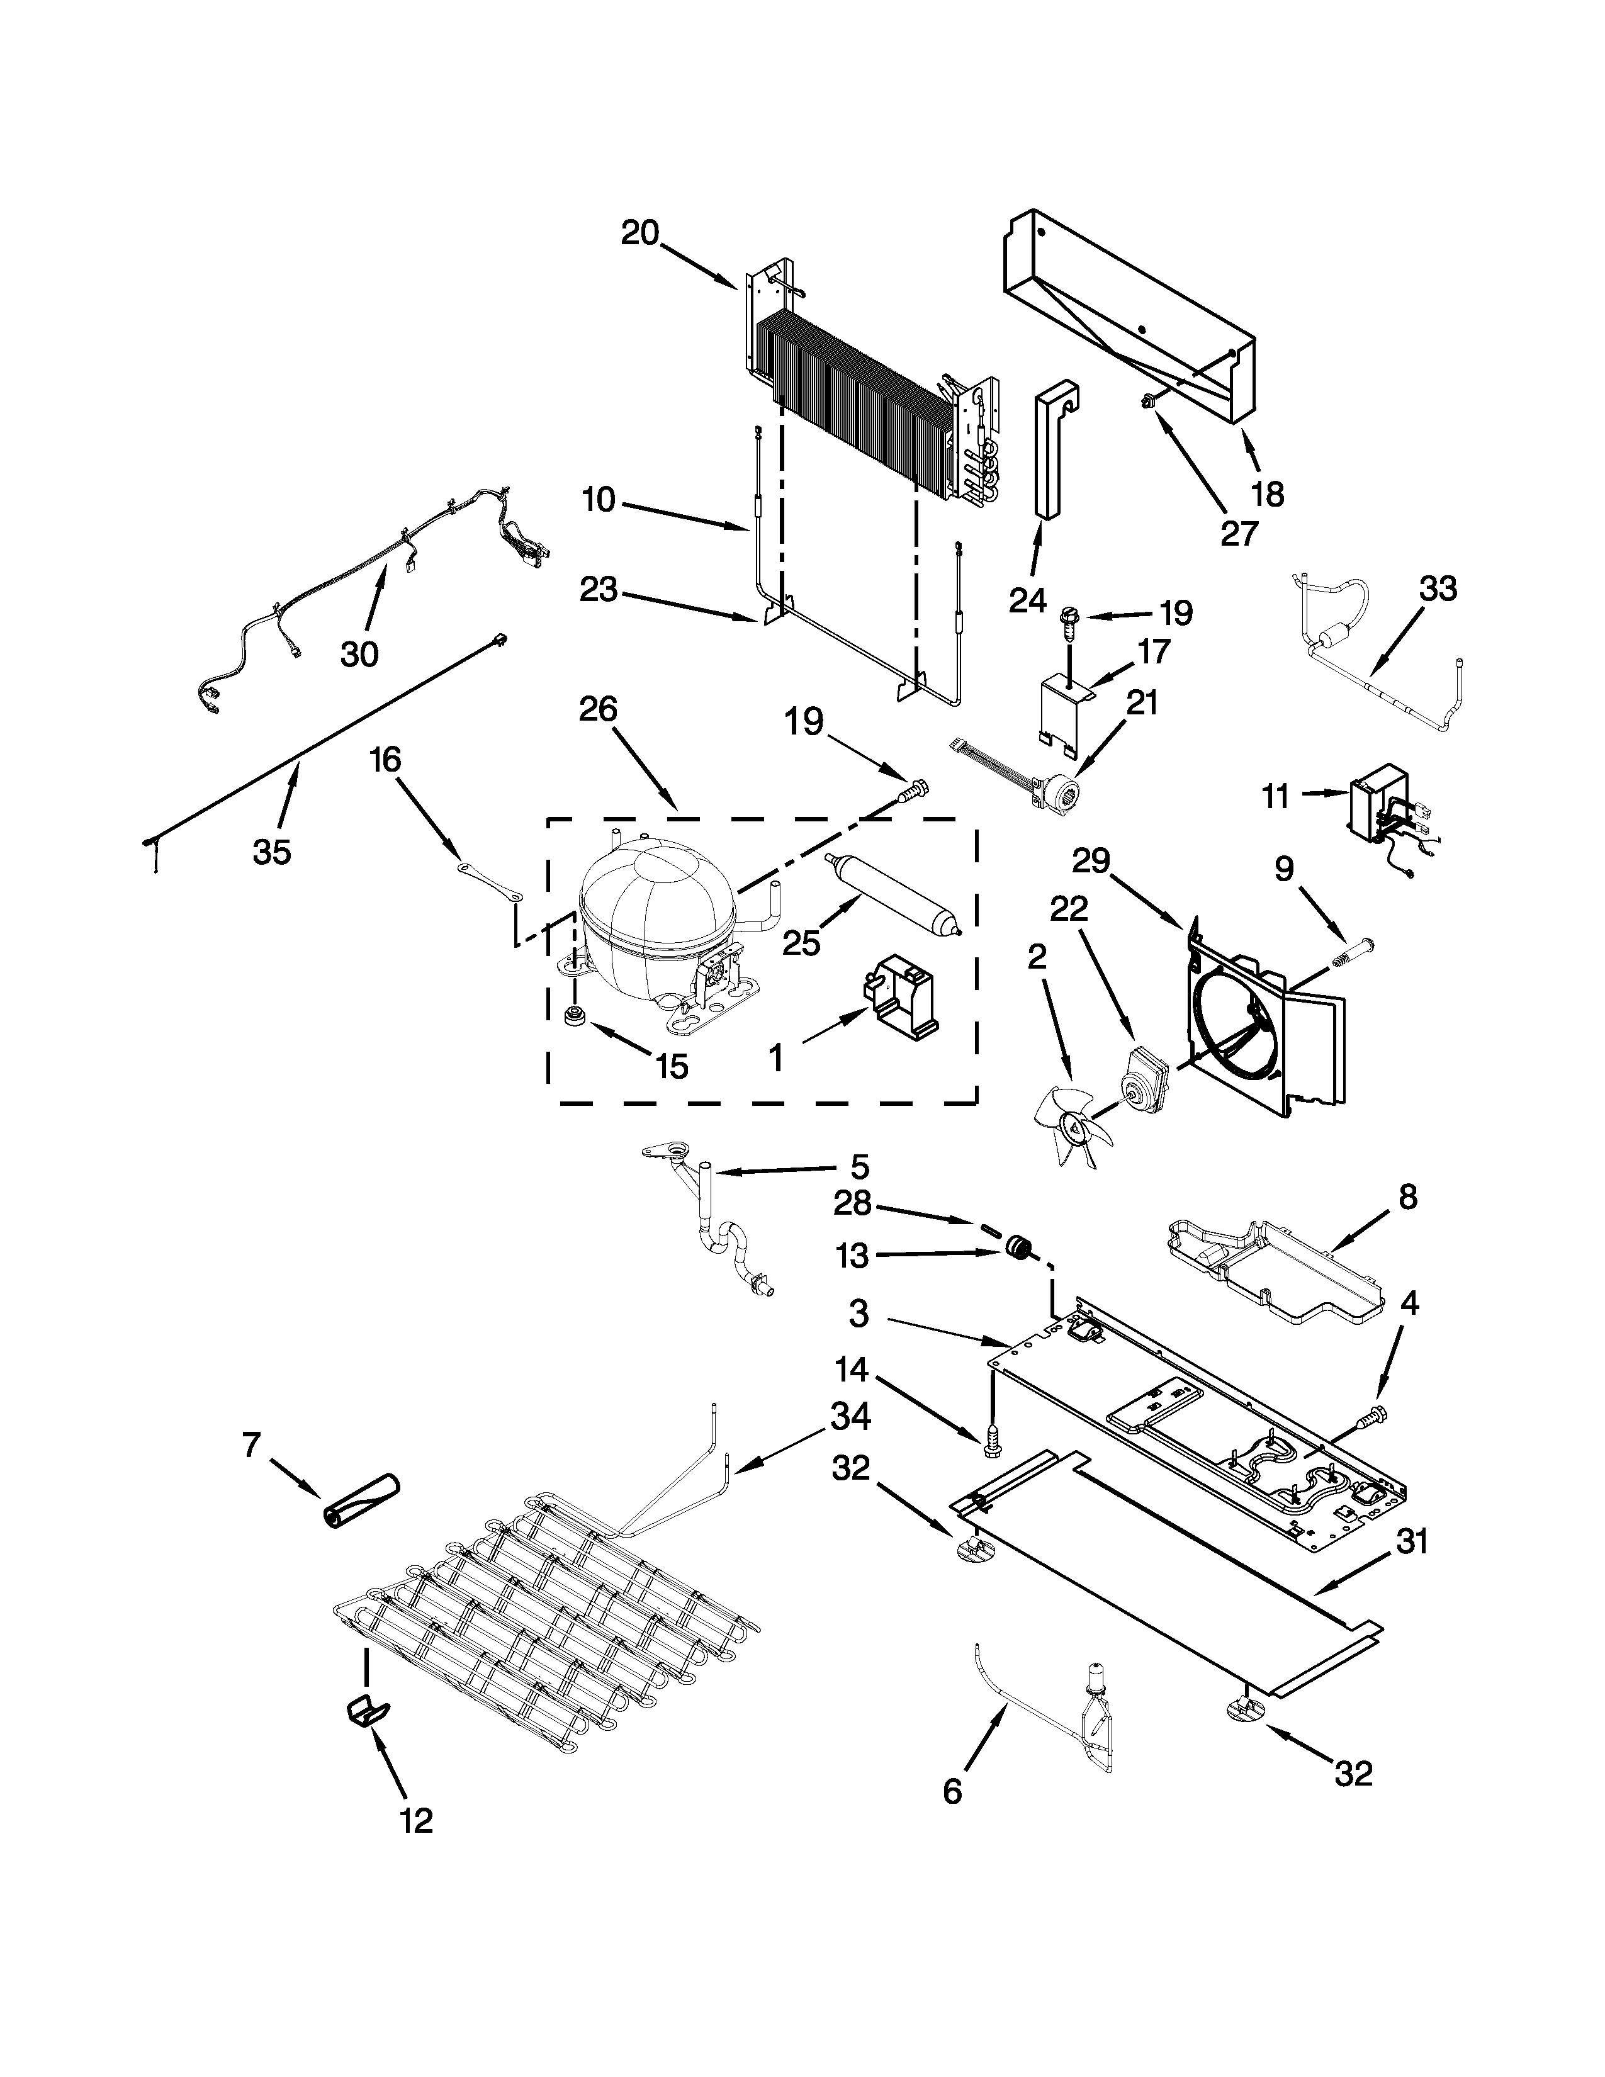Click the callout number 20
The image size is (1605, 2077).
click(x=640, y=233)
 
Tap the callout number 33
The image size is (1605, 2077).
click(x=1438, y=590)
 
